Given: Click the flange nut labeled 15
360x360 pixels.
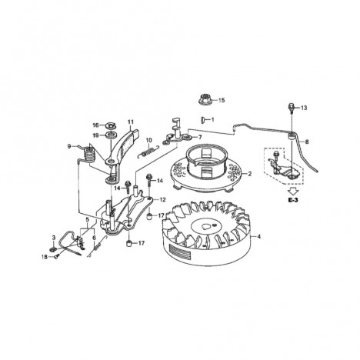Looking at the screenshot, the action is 206,99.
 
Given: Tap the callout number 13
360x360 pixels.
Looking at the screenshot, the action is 304,108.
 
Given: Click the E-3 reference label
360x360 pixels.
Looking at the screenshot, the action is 293,200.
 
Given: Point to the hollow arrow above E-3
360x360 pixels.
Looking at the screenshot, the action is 293,192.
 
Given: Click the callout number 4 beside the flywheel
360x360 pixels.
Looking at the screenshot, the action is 259,236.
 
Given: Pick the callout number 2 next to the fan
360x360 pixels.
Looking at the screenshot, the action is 249,174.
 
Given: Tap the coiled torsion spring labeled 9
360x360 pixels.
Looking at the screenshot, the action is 88,155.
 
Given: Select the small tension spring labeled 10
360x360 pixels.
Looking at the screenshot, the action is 148,151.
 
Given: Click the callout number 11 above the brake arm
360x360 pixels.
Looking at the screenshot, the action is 131,122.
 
